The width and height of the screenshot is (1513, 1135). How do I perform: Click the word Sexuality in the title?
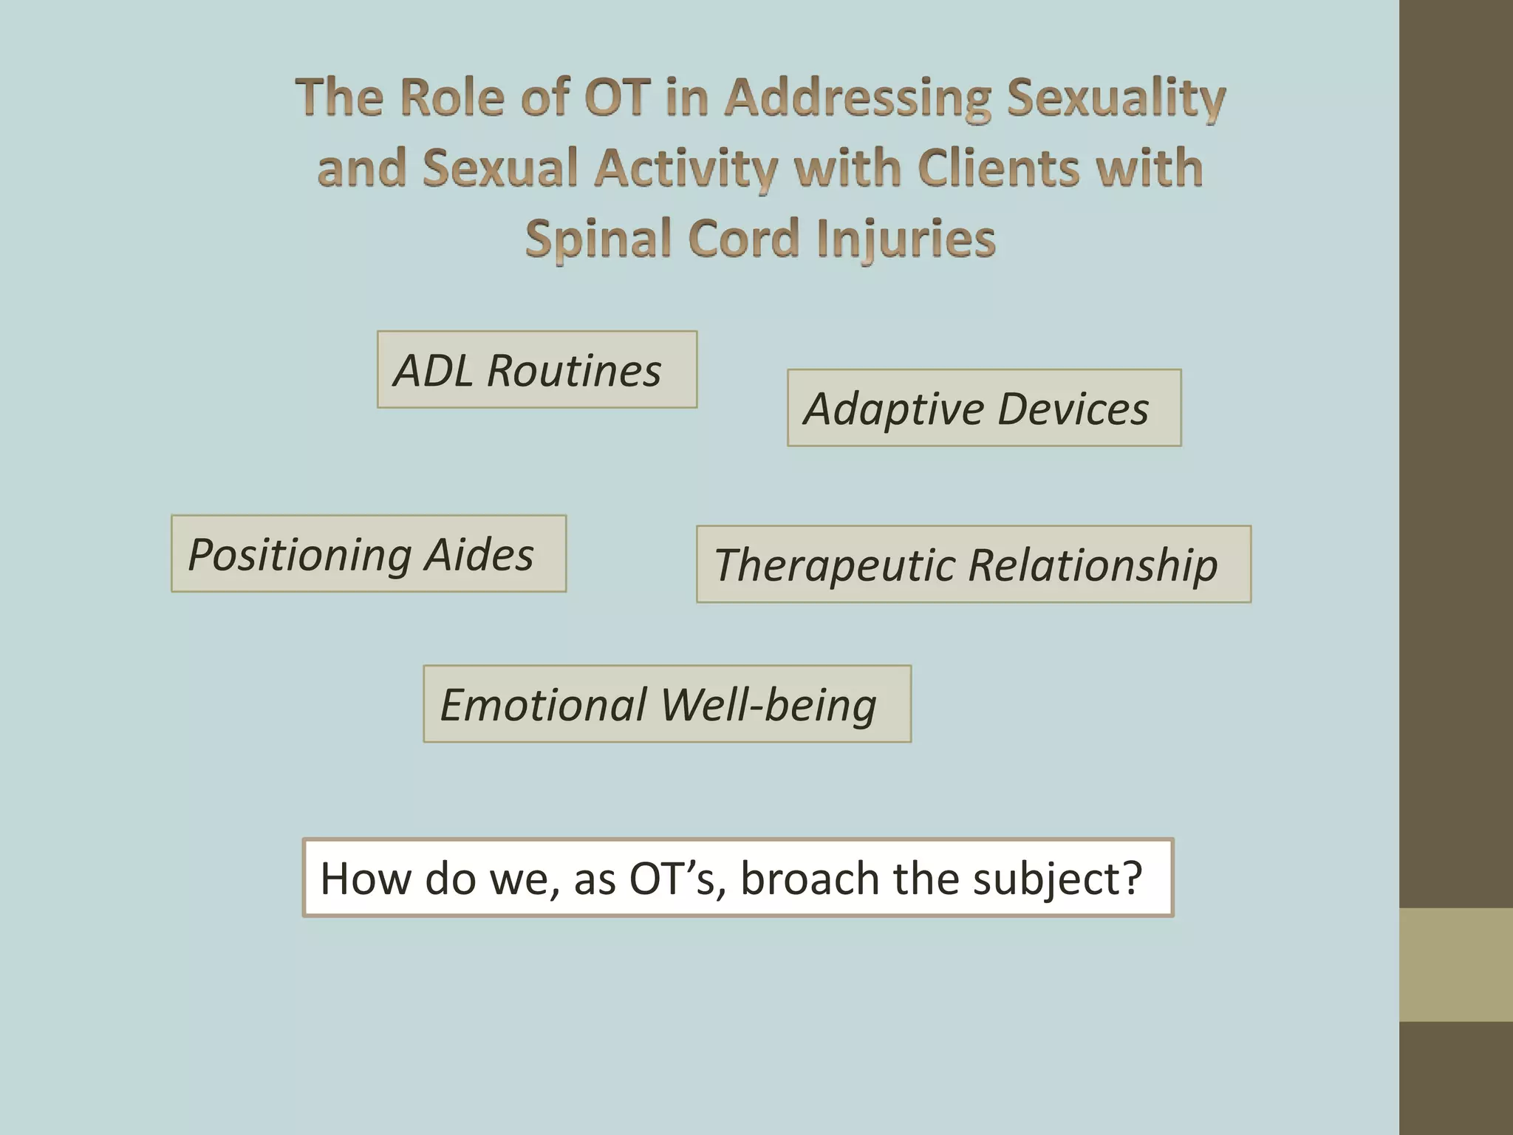1116,98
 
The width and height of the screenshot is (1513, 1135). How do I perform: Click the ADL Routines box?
537,369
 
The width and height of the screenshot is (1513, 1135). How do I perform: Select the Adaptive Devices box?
984,408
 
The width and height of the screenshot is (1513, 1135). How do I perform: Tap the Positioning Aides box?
369,553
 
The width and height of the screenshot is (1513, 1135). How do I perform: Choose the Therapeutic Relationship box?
973,565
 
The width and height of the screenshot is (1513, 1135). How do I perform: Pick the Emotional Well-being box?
666,703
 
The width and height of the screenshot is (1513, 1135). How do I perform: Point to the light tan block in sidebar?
1455,964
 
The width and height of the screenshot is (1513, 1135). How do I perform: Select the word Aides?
479,554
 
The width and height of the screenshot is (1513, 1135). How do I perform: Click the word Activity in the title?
686,168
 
